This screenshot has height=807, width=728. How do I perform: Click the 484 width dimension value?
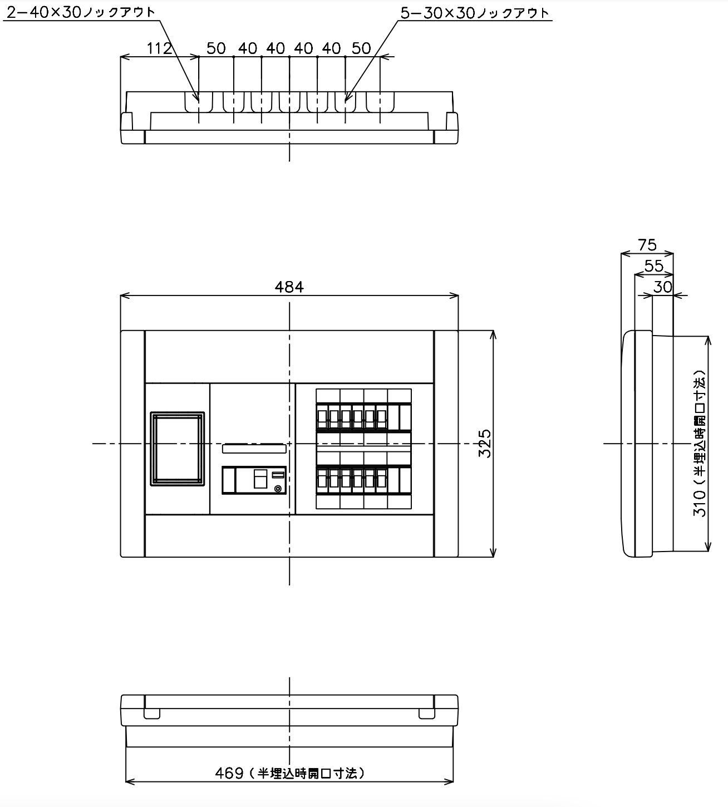tap(289, 287)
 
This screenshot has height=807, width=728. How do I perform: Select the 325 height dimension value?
tap(485, 444)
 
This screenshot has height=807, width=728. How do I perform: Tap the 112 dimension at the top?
tap(159, 48)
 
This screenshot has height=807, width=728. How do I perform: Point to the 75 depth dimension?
tap(647, 244)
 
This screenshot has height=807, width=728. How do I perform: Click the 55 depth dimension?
tap(653, 266)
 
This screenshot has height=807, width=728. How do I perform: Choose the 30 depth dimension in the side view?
tap(662, 287)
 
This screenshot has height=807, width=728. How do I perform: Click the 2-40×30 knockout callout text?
tap(81, 12)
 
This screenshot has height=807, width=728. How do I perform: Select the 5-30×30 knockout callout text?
tap(475, 13)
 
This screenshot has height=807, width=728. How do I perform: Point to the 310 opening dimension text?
tap(700, 444)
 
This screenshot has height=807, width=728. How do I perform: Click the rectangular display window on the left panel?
tap(178, 449)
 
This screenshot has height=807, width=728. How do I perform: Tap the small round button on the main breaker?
tap(278, 489)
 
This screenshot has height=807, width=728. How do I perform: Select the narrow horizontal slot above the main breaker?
tap(254, 449)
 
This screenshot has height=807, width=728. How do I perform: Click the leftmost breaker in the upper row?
tap(322, 417)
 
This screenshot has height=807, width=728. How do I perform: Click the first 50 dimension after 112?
tap(216, 48)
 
